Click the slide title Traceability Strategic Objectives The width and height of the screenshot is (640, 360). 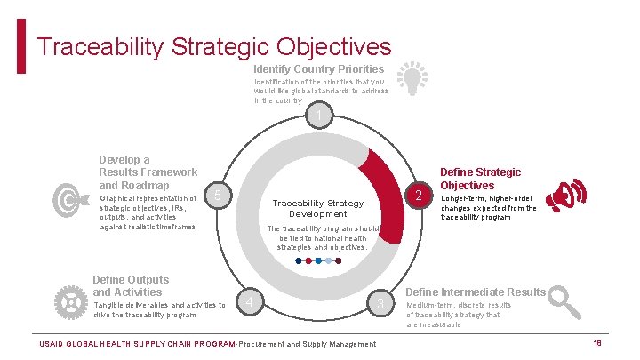214,45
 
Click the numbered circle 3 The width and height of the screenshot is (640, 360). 380,304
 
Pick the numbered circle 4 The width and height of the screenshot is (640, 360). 252,304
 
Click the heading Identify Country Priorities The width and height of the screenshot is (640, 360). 318,68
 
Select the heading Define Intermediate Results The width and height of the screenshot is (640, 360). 476,292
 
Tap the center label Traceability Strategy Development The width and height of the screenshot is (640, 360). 317,208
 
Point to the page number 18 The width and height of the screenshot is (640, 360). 598,342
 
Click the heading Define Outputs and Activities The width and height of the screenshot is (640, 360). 131,285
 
